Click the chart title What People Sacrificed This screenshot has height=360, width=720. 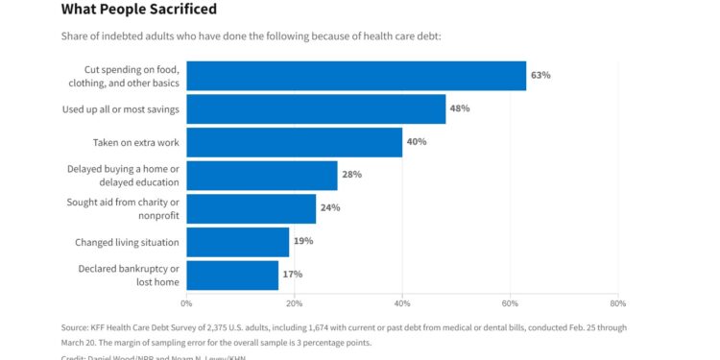[x=138, y=10]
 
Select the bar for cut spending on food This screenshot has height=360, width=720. [x=356, y=75]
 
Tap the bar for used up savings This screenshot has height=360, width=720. [x=316, y=108]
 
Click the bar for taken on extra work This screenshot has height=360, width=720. [x=294, y=142]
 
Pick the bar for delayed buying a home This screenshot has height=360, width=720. [x=262, y=175]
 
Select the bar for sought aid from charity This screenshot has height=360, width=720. [x=251, y=208]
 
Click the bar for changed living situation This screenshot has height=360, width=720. [x=237, y=241]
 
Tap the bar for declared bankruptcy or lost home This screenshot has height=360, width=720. [x=232, y=275]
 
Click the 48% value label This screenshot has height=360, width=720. [x=460, y=108]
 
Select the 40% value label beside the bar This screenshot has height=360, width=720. [x=417, y=142]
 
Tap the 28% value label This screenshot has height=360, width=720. [x=351, y=175]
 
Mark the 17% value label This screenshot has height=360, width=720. [x=292, y=275]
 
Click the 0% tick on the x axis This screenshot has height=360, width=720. [x=186, y=303]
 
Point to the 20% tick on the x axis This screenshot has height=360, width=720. [x=295, y=303]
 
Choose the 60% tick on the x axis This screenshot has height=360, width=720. [x=510, y=303]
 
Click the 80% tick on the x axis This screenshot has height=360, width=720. [x=618, y=303]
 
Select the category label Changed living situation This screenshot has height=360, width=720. [x=127, y=242]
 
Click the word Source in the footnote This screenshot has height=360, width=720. [x=76, y=327]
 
